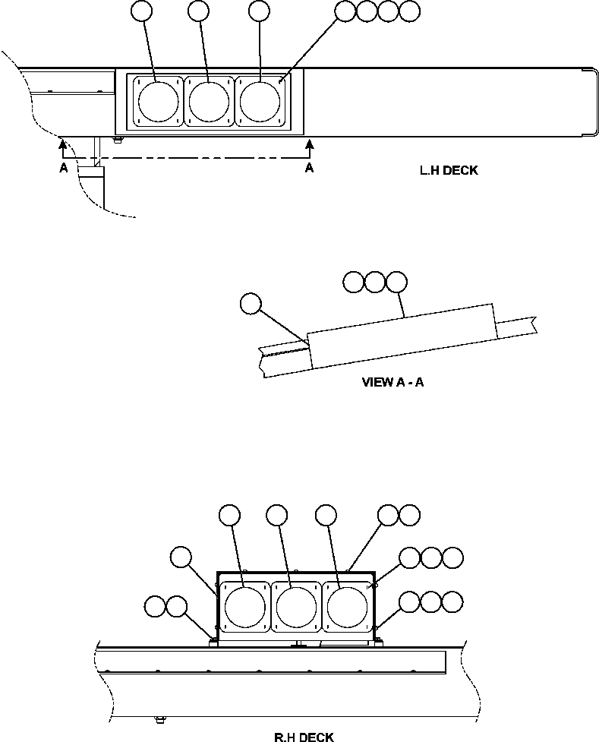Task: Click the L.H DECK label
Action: [x=449, y=171]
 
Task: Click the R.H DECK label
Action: [x=304, y=737]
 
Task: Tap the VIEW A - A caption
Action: [x=393, y=382]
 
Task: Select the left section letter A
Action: [x=64, y=169]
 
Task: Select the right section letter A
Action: [x=309, y=169]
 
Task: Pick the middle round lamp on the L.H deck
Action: [x=209, y=100]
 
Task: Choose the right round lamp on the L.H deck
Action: [x=260, y=100]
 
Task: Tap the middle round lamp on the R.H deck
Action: [x=296, y=608]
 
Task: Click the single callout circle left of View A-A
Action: [x=249, y=304]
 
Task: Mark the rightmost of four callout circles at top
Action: [x=410, y=11]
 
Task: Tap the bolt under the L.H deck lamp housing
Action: [x=115, y=139]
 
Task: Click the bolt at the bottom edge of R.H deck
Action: [x=159, y=718]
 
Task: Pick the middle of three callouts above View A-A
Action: [x=375, y=283]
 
